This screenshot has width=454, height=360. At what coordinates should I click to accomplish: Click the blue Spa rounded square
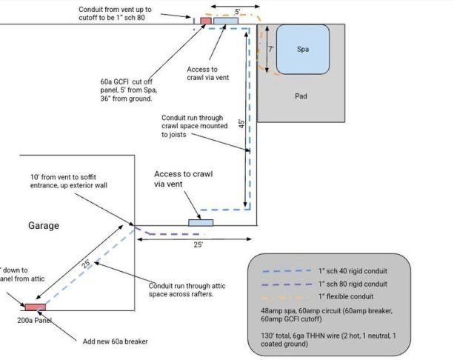point(303,50)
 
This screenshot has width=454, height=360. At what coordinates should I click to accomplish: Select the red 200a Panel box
point(34,306)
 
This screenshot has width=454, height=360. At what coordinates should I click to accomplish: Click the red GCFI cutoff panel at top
point(206,21)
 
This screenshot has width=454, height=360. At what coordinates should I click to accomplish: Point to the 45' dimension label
point(241,125)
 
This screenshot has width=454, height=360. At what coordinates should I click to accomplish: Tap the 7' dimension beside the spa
point(271,50)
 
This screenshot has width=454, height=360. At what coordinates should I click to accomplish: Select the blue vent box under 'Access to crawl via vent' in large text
point(201,222)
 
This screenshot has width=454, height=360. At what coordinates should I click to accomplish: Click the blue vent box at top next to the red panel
point(225,21)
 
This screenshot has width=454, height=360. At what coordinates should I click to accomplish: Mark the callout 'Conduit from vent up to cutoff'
point(126,13)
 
